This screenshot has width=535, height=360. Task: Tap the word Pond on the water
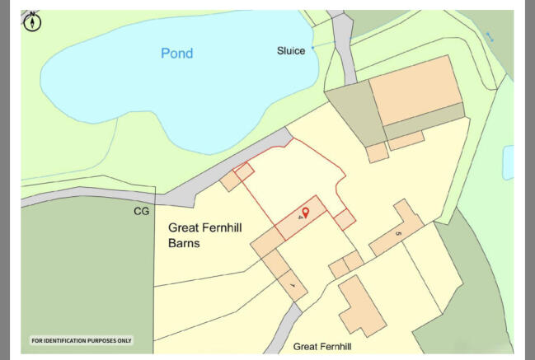176,54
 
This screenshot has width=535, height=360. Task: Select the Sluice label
290,51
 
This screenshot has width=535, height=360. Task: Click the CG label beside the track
141,212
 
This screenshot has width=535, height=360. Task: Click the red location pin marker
305,213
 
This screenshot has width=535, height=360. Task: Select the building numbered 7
293,284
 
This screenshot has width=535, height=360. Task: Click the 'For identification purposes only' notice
81,340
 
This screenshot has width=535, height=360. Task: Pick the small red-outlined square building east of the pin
345,219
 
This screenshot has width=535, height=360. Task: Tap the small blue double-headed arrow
490,36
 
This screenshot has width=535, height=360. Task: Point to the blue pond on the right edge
508,161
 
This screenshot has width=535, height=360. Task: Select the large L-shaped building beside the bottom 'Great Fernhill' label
360,306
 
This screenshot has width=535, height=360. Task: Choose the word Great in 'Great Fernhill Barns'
186,228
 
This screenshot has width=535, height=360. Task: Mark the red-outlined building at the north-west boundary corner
244,172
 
